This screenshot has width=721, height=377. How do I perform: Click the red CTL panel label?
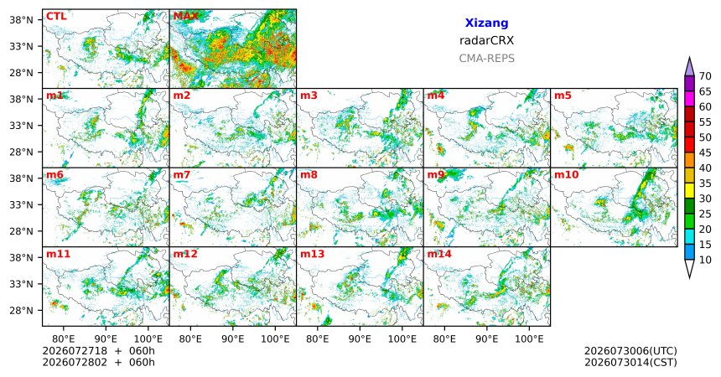(56, 17)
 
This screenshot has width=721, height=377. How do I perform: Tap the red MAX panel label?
(186, 17)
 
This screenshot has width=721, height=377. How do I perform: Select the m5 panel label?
(563, 96)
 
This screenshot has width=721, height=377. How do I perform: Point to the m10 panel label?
(567, 175)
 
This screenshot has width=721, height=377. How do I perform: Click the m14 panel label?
(439, 254)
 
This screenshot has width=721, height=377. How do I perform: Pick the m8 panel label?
(309, 175)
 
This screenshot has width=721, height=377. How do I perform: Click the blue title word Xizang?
(486, 23)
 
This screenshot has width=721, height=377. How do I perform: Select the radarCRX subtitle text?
(486, 40)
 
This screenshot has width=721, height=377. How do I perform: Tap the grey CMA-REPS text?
(486, 59)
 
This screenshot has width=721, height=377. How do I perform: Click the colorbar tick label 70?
(705, 76)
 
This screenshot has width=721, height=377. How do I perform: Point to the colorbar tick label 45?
(705, 152)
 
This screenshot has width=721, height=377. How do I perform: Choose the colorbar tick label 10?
(705, 260)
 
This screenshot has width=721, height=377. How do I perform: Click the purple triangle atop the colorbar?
(689, 67)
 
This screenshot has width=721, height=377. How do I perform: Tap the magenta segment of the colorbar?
(689, 99)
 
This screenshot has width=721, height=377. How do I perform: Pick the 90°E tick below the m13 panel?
(360, 339)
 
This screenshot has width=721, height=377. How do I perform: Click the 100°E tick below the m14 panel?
(529, 339)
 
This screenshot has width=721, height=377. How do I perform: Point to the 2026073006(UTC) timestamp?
(630, 351)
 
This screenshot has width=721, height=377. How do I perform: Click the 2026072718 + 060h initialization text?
(98, 351)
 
